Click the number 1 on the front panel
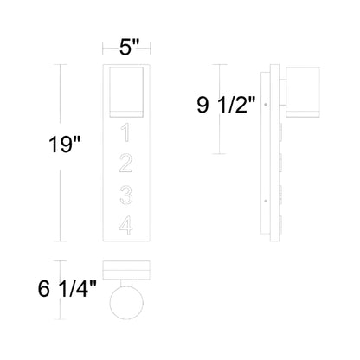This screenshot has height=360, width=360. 125,133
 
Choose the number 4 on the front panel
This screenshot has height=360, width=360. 125,225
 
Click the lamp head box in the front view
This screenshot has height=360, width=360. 125,93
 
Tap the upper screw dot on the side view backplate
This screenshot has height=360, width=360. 267,106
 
